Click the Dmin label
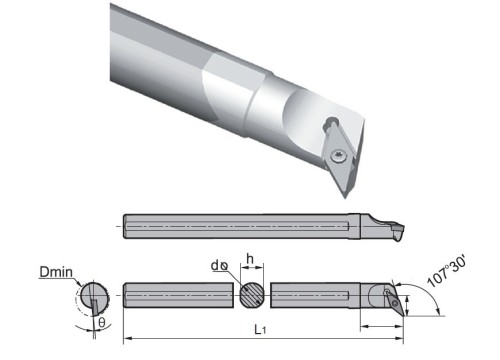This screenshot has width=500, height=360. coord(56,272)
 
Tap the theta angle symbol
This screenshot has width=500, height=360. coord(102,322)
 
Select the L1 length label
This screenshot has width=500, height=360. coord(260,330)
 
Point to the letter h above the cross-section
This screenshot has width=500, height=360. coord(250,259)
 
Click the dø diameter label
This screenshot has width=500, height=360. coord(220,266)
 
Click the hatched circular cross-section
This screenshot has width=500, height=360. coord(252,295)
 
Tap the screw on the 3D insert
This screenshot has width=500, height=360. coord(338,155)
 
